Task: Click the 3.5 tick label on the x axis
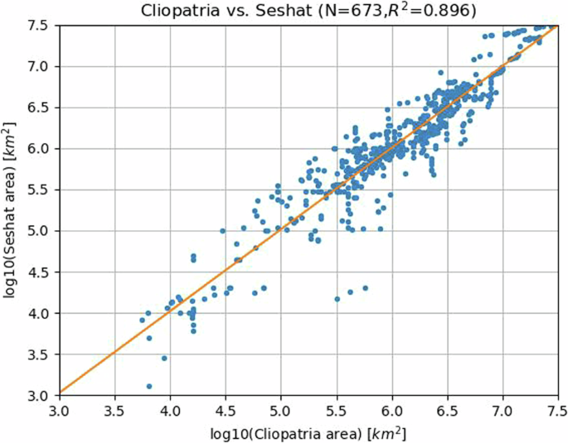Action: (114, 410)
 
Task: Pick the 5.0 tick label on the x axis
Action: (281, 410)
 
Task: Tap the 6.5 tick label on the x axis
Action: (448, 410)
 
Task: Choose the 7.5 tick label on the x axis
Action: (557, 410)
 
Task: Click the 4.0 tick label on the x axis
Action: (170, 410)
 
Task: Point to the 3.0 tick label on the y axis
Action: (41, 396)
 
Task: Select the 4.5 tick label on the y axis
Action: (41, 272)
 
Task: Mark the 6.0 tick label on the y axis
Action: (41, 149)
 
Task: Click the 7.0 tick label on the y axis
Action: (41, 66)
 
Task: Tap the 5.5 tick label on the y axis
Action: (41, 190)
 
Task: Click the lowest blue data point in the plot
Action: (148, 387)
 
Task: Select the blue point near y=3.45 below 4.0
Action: (164, 359)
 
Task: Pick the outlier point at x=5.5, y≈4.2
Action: (337, 299)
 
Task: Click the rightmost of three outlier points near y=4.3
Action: (365, 288)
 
